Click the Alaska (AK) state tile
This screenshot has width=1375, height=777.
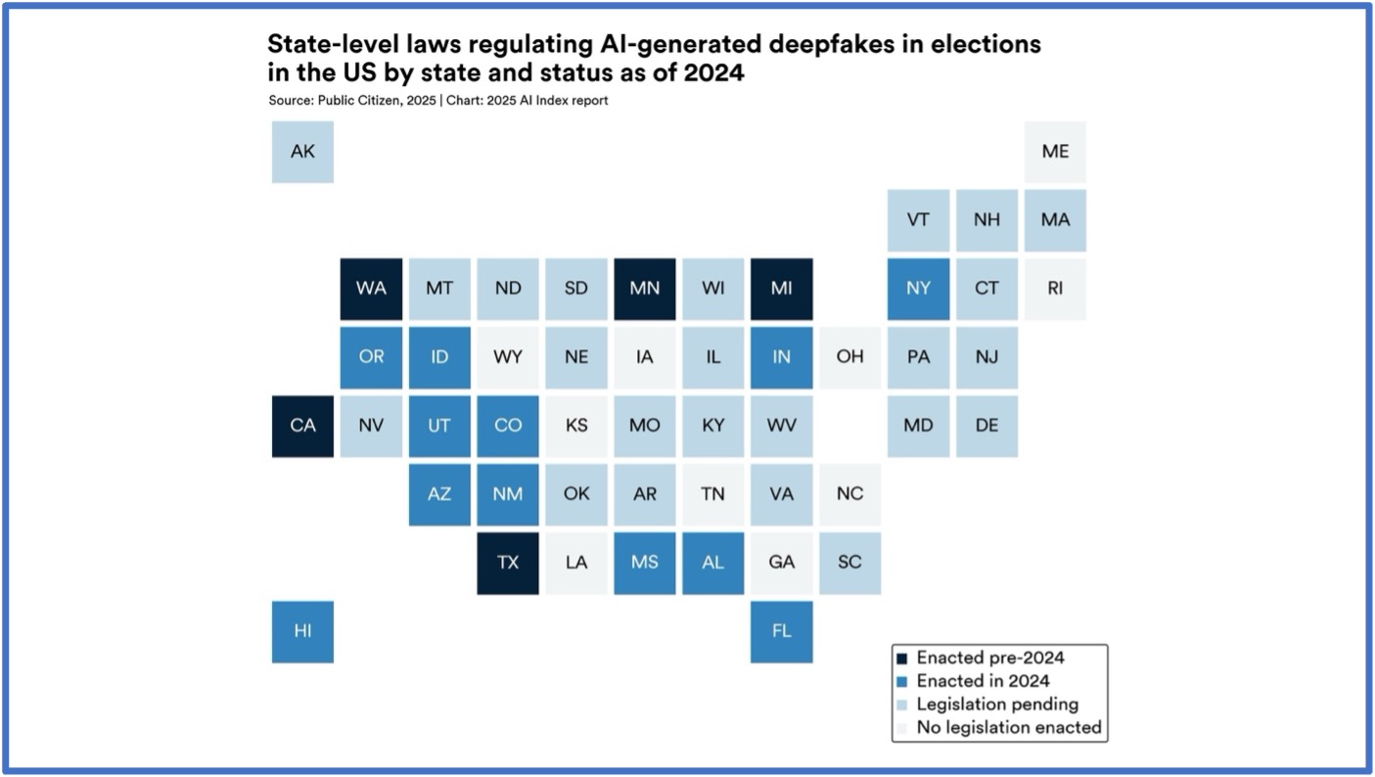(x=302, y=152)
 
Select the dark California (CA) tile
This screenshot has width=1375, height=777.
(x=302, y=426)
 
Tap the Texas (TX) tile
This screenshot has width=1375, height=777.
(x=508, y=563)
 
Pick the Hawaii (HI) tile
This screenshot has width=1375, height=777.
(x=302, y=631)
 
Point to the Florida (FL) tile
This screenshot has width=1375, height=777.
(x=781, y=631)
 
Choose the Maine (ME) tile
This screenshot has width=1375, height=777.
(x=1055, y=152)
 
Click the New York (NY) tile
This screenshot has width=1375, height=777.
(x=918, y=289)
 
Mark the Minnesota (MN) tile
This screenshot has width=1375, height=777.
(x=644, y=289)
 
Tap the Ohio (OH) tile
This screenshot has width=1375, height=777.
(x=849, y=357)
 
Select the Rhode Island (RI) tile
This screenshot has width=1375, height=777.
(x=1055, y=289)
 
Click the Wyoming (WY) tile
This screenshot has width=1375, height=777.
(x=508, y=357)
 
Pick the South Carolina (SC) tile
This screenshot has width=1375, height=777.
(x=849, y=563)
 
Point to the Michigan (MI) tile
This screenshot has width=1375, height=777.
(x=781, y=289)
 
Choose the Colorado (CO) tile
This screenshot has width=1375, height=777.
(x=508, y=426)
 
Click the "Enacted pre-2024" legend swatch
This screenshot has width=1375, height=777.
(x=902, y=659)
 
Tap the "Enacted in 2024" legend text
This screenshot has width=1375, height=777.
(x=983, y=681)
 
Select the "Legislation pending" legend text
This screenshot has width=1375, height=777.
(x=997, y=704)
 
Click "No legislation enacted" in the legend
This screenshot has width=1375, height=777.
(x=1009, y=727)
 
